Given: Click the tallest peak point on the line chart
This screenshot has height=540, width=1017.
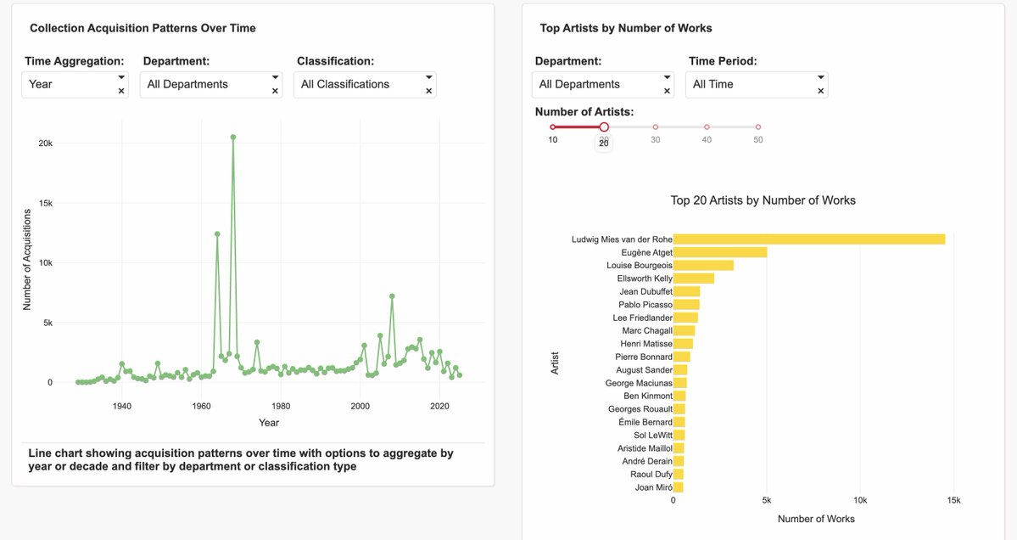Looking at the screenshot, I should [233, 137].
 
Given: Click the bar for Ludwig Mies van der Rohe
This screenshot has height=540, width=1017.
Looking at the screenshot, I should [808, 239].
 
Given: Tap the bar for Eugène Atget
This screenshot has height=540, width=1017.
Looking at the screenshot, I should [719, 252].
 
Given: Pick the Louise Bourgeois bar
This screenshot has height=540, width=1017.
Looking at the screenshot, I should [703, 266].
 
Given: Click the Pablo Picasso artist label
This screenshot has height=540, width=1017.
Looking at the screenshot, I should [645, 305].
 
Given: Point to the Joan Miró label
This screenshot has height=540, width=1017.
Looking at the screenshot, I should [653, 487].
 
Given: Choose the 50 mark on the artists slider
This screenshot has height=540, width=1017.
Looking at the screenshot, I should [758, 127].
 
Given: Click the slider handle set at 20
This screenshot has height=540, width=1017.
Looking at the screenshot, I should [604, 127].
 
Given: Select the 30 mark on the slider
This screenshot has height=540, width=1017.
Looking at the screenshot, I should [656, 127].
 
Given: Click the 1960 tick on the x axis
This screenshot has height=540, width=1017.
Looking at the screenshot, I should [201, 406].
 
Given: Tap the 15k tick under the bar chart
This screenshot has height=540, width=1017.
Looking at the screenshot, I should [953, 501].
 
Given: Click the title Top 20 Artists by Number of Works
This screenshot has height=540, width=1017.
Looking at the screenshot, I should [763, 200].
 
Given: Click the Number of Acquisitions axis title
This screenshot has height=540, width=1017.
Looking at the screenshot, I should [27, 263].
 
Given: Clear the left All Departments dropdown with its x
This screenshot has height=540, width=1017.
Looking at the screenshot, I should [275, 91].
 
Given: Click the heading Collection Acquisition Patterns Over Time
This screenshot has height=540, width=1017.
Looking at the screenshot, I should [142, 28].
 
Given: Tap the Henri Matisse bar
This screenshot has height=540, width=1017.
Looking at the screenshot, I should [683, 344].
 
